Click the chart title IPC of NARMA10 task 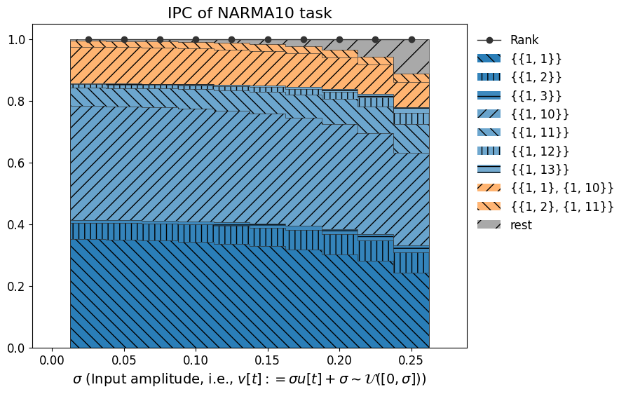point(250,13)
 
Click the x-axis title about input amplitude point(250,379)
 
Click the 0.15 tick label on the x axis point(268,360)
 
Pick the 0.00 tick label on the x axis point(52,360)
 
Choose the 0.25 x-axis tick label point(411,360)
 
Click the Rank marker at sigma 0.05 point(124,40)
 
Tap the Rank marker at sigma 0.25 point(411,40)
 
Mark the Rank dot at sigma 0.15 point(268,40)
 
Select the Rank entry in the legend point(524,40)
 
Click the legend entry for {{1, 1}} point(536,58)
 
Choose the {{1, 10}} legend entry point(539,114)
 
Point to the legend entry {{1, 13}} point(539,169)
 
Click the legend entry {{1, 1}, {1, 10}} point(562,188)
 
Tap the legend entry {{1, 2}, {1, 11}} point(562,206)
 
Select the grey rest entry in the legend point(521,225)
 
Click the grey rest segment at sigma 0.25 point(411,56)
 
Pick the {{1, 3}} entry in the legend point(536,95)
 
